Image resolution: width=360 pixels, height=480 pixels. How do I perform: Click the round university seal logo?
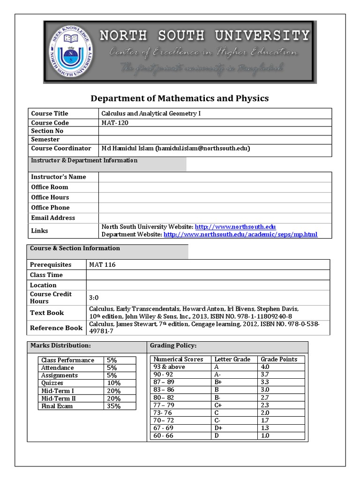pos(71,52)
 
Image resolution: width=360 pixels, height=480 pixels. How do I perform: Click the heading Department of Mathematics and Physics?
pos(180,98)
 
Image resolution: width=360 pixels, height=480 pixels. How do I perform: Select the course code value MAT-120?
pos(114,123)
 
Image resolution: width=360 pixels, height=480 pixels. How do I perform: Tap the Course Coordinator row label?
pos(61,148)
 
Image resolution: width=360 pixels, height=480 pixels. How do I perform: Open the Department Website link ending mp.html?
pos(240,234)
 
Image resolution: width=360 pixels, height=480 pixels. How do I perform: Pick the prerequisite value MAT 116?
pos(102,264)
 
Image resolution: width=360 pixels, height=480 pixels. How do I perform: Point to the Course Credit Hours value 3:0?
pos(94,298)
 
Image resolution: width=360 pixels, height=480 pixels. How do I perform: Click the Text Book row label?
pos(47,313)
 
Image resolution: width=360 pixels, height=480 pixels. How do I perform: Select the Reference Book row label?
pos(56,328)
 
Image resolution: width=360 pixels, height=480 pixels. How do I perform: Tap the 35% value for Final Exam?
pos(113,406)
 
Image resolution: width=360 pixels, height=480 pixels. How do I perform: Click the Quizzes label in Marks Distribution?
pos(52,383)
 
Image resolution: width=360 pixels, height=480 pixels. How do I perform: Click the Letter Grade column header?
pos(232,359)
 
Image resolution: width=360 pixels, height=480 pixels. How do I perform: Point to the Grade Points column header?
pos(279,359)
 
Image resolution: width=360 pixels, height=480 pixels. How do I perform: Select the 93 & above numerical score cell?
pos(169,367)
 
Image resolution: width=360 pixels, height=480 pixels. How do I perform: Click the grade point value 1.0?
pos(265,436)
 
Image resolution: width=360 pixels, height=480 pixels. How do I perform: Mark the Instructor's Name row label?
pos(59,177)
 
